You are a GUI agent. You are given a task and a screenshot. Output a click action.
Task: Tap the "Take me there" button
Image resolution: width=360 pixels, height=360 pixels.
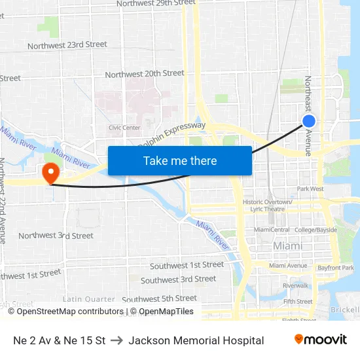pos(179,160)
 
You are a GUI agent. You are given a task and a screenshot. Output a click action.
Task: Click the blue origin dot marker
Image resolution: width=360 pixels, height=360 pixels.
pos(309,121)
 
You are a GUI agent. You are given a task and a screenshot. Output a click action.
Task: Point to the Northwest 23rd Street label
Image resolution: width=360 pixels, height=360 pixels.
pos(67,45)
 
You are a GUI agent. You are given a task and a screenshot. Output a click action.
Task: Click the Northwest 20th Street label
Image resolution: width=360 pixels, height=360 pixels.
pos(144,74)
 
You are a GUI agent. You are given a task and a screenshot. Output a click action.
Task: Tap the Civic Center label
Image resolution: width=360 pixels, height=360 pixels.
pos(124,128)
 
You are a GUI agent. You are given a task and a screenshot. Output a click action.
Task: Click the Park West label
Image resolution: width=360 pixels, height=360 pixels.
pos(310,189)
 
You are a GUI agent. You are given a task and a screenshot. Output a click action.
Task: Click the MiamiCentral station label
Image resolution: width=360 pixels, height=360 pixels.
pos(272,230)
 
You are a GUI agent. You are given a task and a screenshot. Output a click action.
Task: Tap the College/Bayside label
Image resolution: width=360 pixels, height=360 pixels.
pos(316,230)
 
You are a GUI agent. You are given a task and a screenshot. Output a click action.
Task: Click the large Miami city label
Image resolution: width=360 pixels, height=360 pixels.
pos(288,245)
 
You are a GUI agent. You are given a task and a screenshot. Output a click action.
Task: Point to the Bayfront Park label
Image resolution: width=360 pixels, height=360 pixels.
pos(335,268)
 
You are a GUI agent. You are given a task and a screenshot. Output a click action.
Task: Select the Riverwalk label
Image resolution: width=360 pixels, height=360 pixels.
pos(295,285)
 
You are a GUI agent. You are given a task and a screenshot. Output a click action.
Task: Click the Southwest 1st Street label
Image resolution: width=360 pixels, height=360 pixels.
pos(187,265)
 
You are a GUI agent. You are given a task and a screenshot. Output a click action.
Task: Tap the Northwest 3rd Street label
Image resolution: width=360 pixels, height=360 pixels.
pos(56,236)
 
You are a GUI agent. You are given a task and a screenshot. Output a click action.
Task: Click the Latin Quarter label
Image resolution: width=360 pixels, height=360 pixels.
pos(89,299)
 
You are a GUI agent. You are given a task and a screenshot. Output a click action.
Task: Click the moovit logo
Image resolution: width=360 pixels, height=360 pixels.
pos(320,340)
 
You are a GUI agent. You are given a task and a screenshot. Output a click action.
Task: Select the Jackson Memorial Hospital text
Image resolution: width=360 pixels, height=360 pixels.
pos(196,340)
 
